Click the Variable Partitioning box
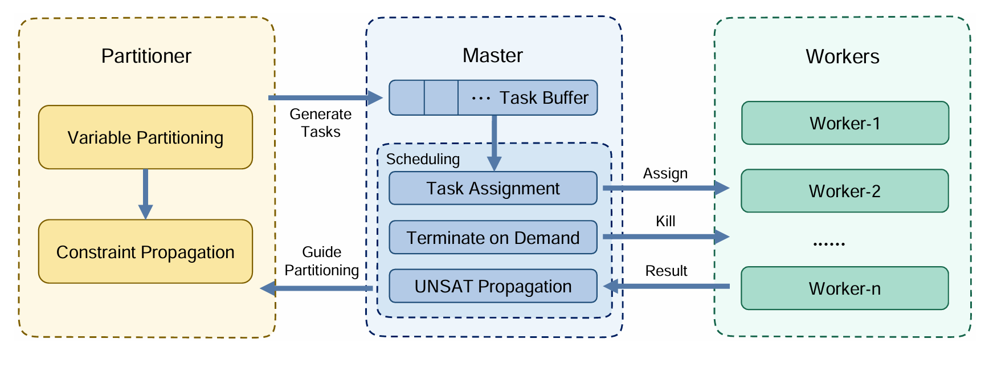point(145,137)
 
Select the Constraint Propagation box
point(145,252)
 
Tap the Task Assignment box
point(493,188)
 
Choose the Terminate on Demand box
point(493,237)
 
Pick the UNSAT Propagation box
point(493,286)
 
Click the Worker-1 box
point(845,123)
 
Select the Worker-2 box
point(844,191)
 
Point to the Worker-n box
point(844,288)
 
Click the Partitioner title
point(146,56)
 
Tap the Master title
point(492,55)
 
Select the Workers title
point(842,56)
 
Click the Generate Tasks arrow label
point(321,123)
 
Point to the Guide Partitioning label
point(322,261)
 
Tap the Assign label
point(665,173)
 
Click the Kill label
point(665,221)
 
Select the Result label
point(666,271)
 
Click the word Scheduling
point(423,159)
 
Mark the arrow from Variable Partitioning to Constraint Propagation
point(145,194)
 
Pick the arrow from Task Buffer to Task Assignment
point(494,142)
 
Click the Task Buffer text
point(544,98)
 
